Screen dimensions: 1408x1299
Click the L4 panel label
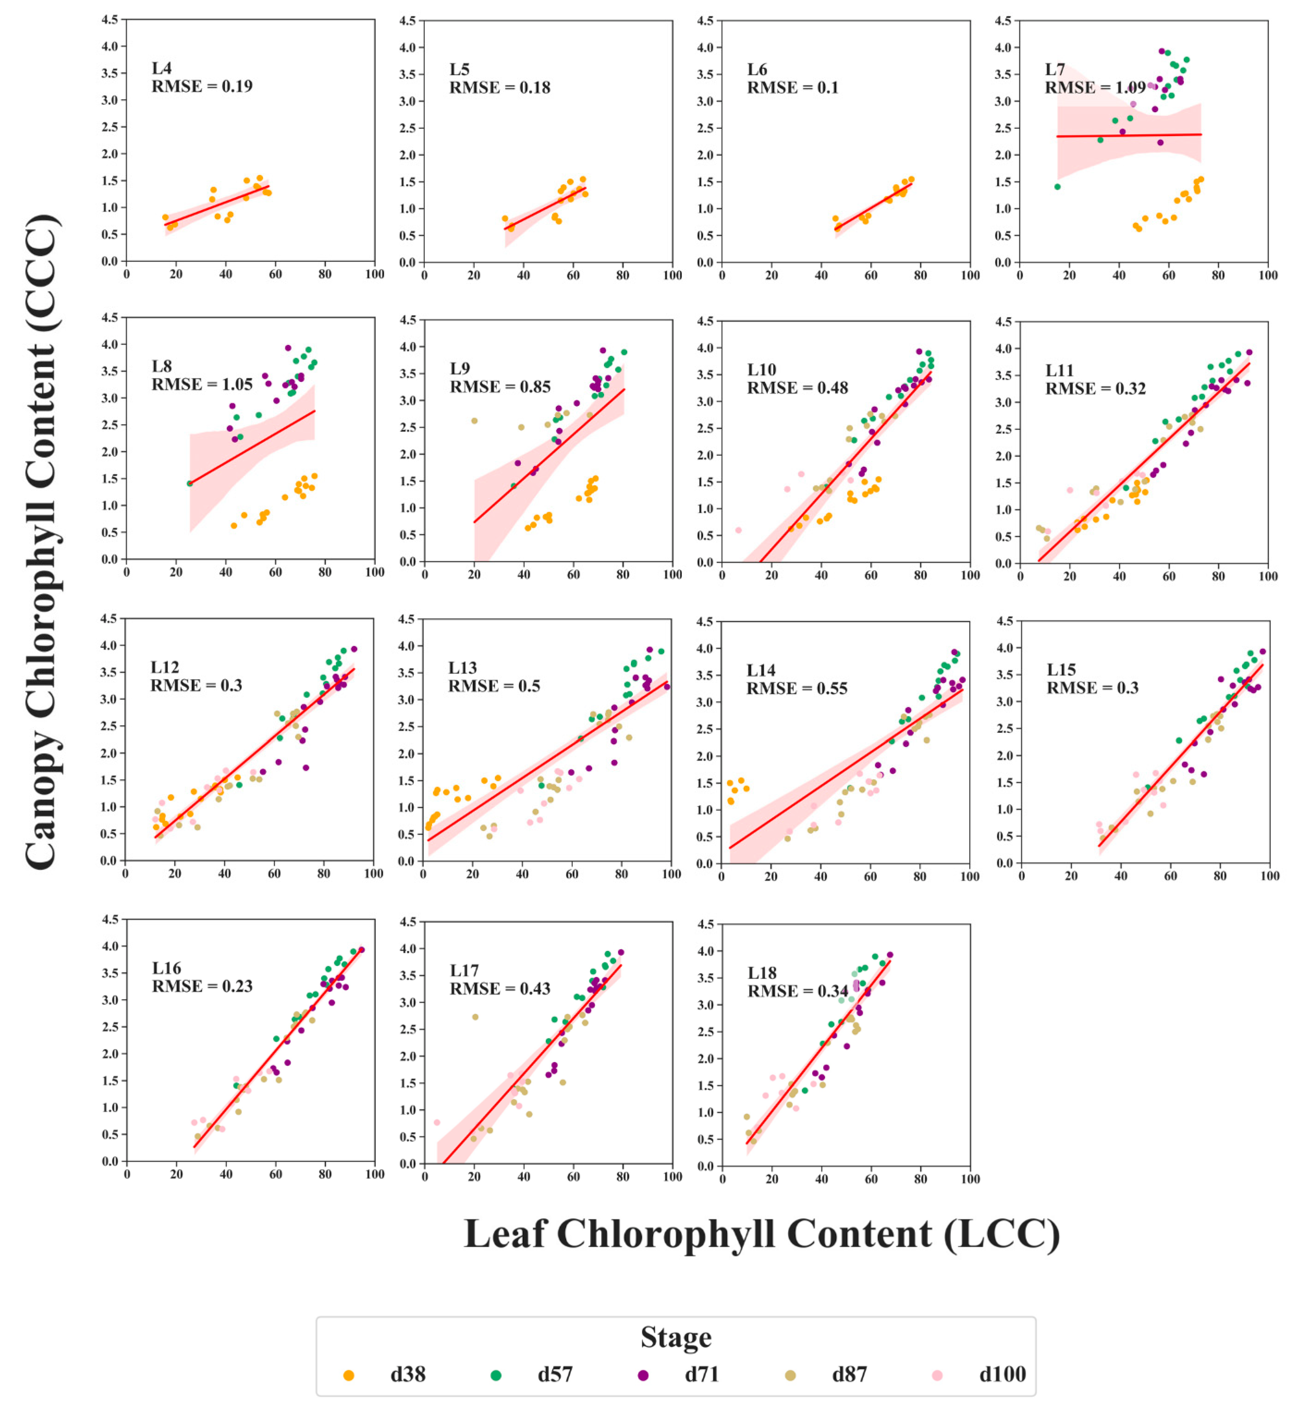[162, 68]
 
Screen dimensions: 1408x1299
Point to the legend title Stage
[676, 1337]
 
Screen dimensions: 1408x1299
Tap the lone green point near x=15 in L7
[1057, 187]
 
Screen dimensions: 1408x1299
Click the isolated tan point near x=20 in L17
[475, 1017]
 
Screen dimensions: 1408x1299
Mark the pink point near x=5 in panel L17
[436, 1123]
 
